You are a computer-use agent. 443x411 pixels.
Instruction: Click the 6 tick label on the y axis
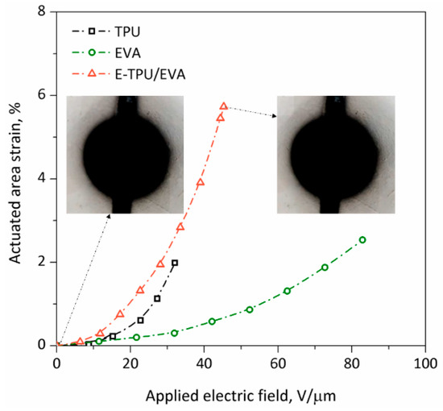[x=46, y=95]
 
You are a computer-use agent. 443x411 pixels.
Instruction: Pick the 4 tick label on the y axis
[x=46, y=178]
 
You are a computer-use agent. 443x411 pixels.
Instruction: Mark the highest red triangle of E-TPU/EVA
[x=224, y=106]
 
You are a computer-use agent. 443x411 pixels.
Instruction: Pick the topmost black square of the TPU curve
[x=175, y=263]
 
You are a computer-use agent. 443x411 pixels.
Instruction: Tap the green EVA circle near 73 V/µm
[x=325, y=268]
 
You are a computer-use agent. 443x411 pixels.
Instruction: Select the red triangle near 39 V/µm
[x=200, y=183]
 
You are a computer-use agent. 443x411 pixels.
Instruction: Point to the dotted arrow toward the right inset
[x=250, y=111]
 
